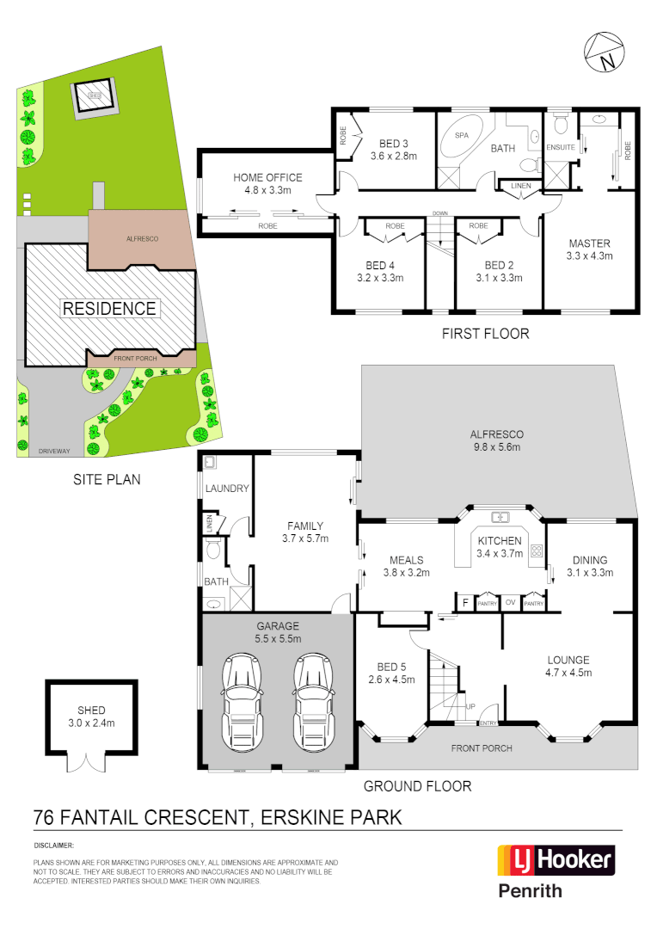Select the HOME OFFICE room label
(267, 178)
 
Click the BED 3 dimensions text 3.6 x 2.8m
(393, 157)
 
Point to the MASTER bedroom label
(589, 243)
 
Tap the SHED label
(91, 711)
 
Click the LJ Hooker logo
(556, 859)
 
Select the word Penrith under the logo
(531, 891)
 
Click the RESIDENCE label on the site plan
(108, 308)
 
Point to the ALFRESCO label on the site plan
(144, 239)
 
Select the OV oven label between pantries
(511, 602)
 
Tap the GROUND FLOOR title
(417, 785)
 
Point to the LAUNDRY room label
(227, 489)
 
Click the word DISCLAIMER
(53, 846)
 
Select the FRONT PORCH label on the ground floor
(482, 748)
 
